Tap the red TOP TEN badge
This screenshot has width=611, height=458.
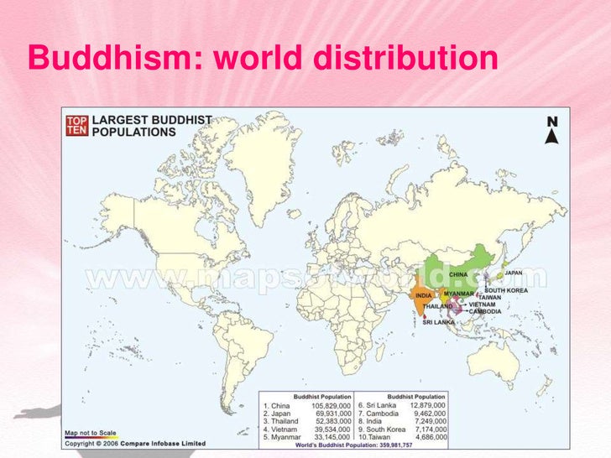pyautogui.click(x=76, y=126)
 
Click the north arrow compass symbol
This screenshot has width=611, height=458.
pyautogui.click(x=551, y=131)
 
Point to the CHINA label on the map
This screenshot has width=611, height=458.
pyautogui.click(x=458, y=274)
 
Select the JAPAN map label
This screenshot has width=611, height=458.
pyautogui.click(x=514, y=273)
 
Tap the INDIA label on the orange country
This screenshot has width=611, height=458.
pyautogui.click(x=424, y=295)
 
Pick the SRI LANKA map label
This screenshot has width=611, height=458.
pyautogui.click(x=438, y=322)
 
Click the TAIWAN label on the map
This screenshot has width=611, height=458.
pyautogui.click(x=490, y=297)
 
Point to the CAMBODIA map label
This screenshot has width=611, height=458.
pyautogui.click(x=485, y=311)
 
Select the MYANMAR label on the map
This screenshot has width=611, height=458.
pyautogui.click(x=459, y=294)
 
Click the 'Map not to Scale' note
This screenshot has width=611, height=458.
pyautogui.click(x=90, y=434)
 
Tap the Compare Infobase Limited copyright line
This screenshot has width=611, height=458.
pyautogui.click(x=134, y=443)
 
